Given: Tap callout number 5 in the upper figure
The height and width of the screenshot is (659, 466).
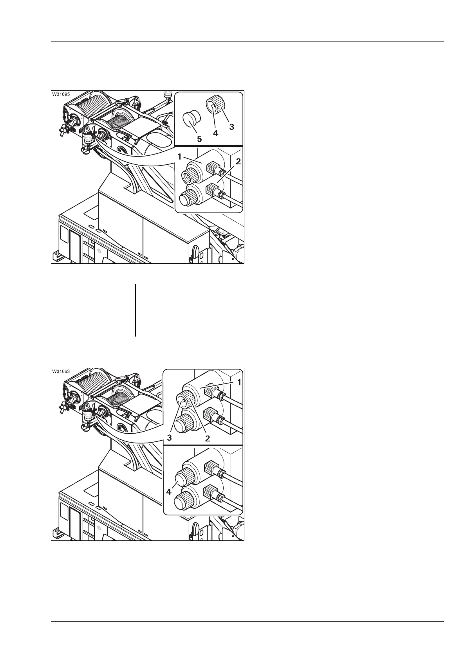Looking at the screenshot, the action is pyautogui.click(x=199, y=139).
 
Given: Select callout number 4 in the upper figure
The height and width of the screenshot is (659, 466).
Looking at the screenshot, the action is pyautogui.click(x=215, y=133).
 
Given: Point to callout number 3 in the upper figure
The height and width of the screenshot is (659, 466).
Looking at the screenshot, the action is pyautogui.click(x=231, y=127).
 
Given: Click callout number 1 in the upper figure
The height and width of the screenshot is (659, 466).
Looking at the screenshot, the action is pyautogui.click(x=180, y=157).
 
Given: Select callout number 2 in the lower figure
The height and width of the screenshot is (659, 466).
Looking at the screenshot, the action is pyautogui.click(x=208, y=438).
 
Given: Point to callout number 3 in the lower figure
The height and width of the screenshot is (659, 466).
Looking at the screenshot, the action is pyautogui.click(x=170, y=438).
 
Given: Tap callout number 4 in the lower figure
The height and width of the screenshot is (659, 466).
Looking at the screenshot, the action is pyautogui.click(x=169, y=492).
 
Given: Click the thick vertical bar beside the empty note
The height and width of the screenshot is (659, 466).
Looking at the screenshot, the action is pyautogui.click(x=135, y=310).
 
